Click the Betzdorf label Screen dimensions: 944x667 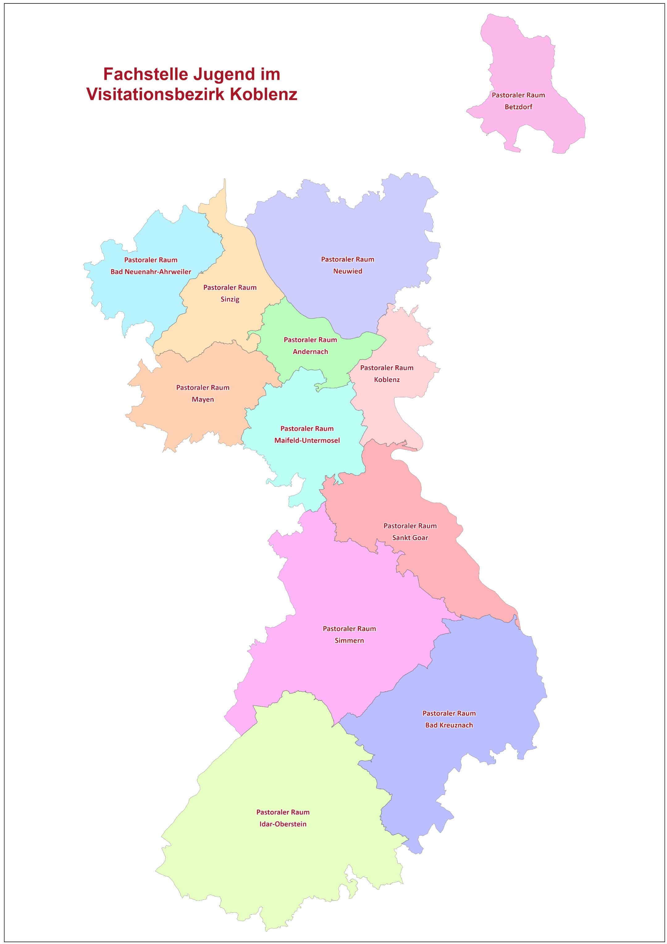pos(518,107)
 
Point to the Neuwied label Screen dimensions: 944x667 pos(347,271)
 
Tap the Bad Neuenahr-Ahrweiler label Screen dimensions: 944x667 pos(150,272)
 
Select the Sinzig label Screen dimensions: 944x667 pos(230,299)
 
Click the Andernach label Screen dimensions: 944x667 pos(310,352)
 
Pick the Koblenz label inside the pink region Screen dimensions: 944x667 pos(386,379)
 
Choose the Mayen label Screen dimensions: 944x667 pos(203,399)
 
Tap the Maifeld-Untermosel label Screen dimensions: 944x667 pos(307,440)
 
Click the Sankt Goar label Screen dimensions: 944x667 pos(410,537)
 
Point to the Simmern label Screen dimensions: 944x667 pos(349,640)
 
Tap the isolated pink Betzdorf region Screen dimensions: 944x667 pos(522,62)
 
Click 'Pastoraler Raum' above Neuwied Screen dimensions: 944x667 pos(347,260)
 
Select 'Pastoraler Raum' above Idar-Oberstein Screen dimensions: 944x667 pos(283,812)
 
